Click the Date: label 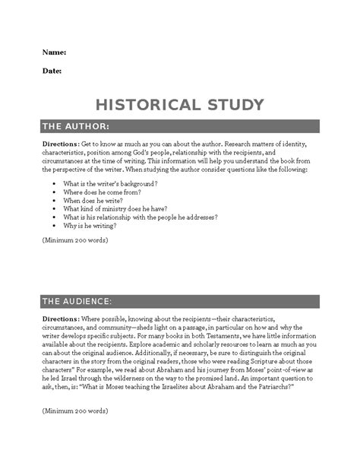pyautogui.click(x=52, y=71)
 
